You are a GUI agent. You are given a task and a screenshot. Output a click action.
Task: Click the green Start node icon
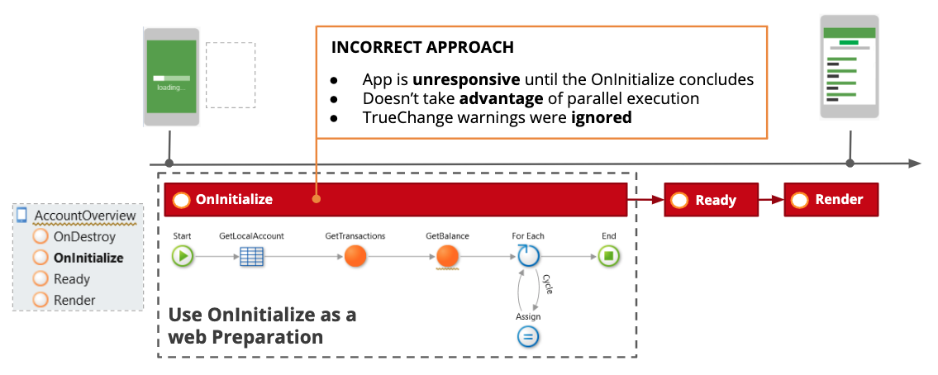click(183, 256)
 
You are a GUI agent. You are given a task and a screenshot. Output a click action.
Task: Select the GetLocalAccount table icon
click(251, 256)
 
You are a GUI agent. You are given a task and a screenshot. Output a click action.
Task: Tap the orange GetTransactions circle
click(355, 256)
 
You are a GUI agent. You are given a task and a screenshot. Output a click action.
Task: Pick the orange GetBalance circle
click(447, 256)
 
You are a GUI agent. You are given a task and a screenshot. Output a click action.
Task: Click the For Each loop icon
click(528, 255)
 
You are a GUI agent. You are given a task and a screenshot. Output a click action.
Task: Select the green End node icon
click(608, 256)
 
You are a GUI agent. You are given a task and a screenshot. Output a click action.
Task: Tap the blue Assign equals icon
click(528, 336)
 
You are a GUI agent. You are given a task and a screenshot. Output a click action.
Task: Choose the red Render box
click(831, 200)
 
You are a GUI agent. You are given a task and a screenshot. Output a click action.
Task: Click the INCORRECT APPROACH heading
click(422, 47)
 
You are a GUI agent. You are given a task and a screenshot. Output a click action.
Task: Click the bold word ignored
click(602, 117)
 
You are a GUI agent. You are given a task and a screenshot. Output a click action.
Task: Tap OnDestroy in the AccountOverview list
click(83, 236)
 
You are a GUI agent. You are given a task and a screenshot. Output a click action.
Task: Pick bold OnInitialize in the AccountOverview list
click(88, 258)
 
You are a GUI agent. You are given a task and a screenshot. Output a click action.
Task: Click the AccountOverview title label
click(84, 216)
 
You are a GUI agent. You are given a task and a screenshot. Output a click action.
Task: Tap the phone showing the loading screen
click(171, 76)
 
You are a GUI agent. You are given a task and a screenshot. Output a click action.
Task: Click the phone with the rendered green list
click(848, 68)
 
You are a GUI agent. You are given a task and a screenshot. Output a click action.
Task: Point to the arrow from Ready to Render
click(770, 200)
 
